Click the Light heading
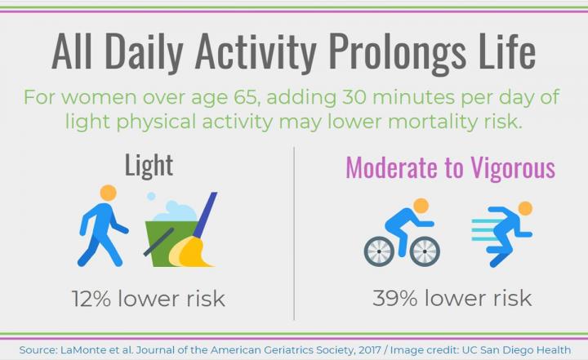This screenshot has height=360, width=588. pyautogui.click(x=149, y=166)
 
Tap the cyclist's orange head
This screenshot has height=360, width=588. pyautogui.click(x=421, y=205)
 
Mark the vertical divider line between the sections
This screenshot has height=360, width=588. pyautogui.click(x=294, y=232)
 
